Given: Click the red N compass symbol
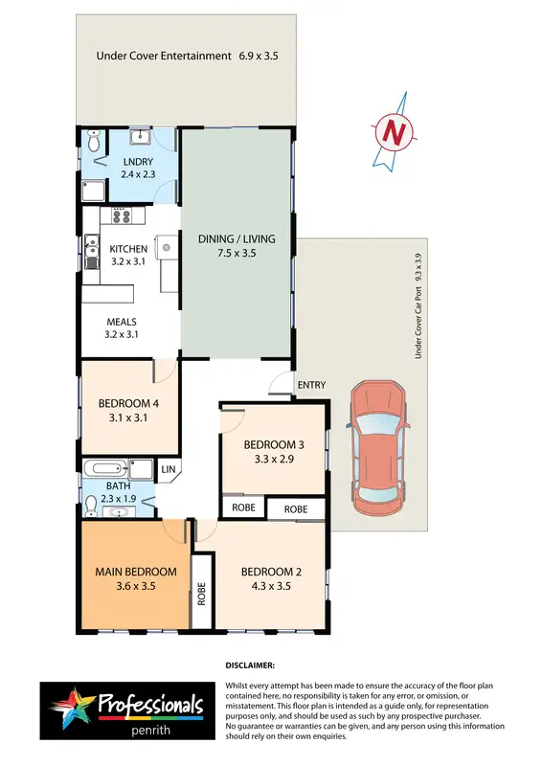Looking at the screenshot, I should point(392,133).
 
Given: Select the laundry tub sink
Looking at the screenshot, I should point(138,136).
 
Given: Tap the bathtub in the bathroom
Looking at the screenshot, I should point(104,469).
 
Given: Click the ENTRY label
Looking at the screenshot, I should point(311,385).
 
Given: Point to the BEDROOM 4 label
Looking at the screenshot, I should point(128,403).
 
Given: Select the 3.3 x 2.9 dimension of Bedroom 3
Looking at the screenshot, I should point(275,461).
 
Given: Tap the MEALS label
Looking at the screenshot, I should point(122,322).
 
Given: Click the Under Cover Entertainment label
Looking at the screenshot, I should point(164,56).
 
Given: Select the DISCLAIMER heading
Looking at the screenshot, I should point(250,664).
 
